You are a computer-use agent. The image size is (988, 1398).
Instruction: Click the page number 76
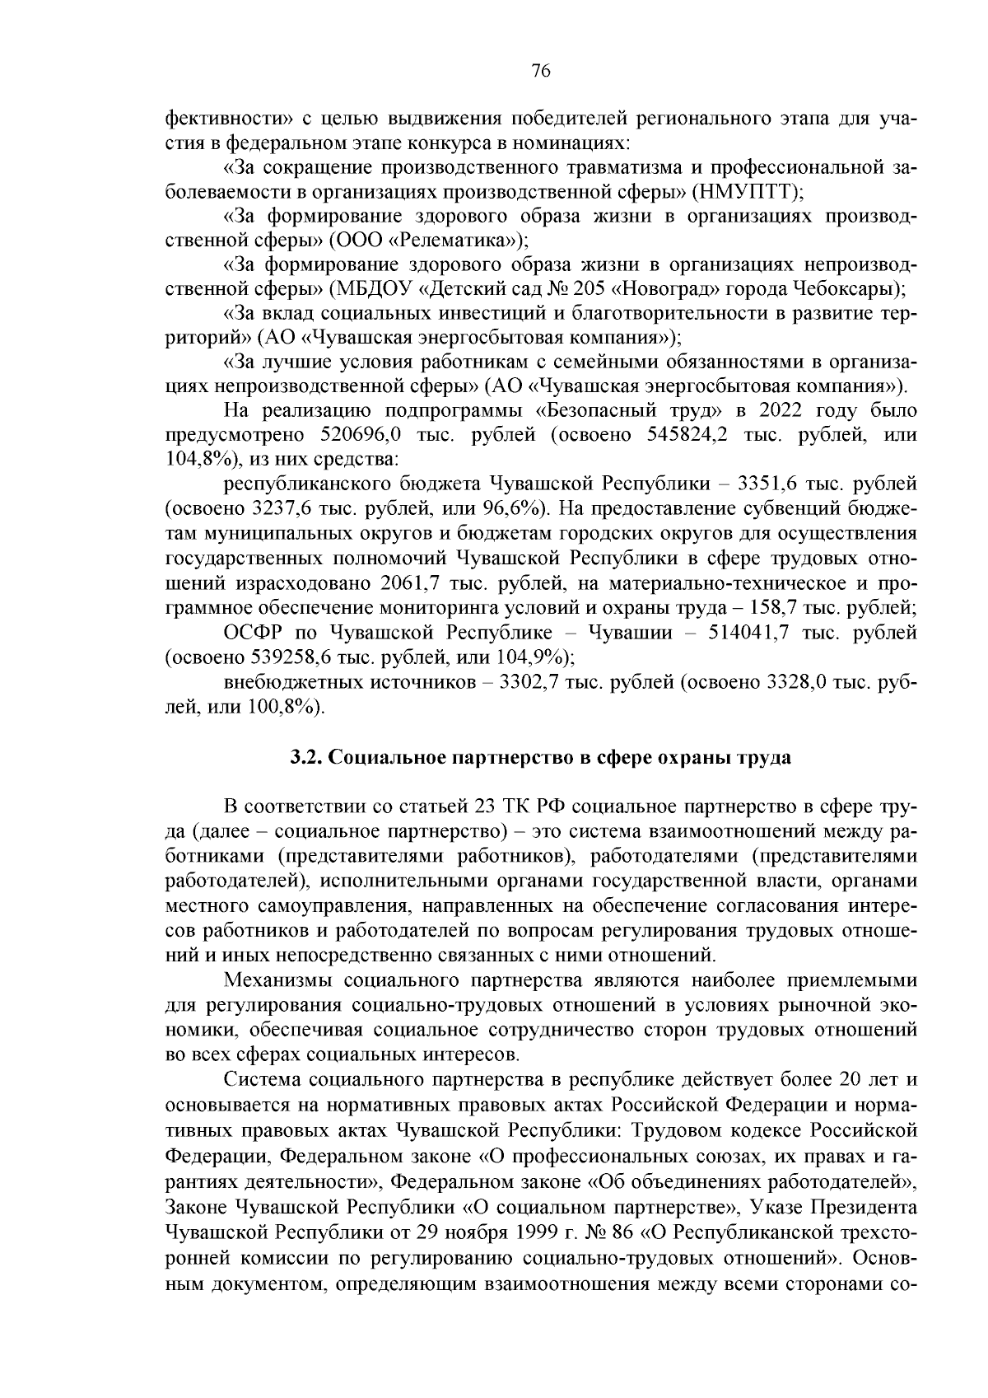[541, 71]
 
